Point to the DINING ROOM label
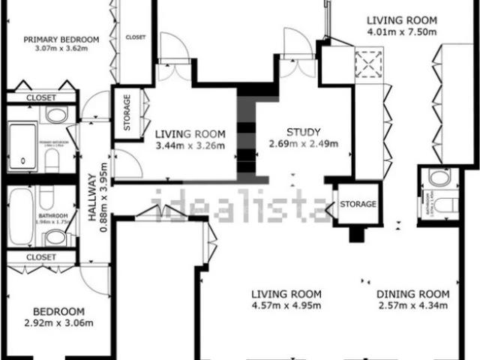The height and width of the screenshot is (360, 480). (412, 294)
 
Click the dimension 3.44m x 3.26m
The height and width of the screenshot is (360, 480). (190, 145)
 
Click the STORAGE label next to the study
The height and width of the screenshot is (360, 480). (358, 204)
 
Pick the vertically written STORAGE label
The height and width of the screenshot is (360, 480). (127, 113)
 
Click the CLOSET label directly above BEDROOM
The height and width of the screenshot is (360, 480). (41, 257)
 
